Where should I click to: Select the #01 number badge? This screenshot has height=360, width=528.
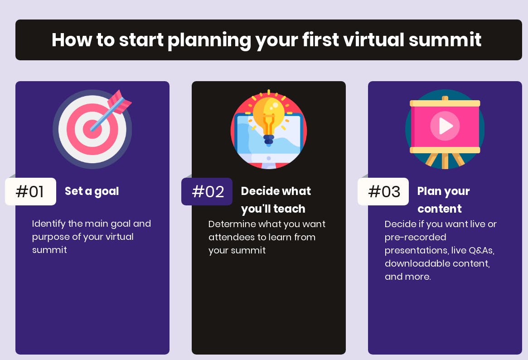(x=31, y=191)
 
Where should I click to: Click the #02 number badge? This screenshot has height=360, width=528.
(x=207, y=191)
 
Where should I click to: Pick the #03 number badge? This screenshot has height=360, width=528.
(x=383, y=191)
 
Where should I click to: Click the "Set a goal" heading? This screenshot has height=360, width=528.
(x=92, y=191)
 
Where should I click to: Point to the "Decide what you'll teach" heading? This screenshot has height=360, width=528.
(x=276, y=199)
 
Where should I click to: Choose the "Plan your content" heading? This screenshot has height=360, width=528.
(x=444, y=199)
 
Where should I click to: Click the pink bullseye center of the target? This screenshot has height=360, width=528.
(x=91, y=129)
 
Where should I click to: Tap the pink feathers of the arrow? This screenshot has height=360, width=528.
(x=120, y=102)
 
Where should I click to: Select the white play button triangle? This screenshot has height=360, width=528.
(x=446, y=126)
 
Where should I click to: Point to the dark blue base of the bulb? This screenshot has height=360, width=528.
(x=268, y=139)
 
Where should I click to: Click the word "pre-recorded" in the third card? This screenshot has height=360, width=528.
(x=415, y=238)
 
